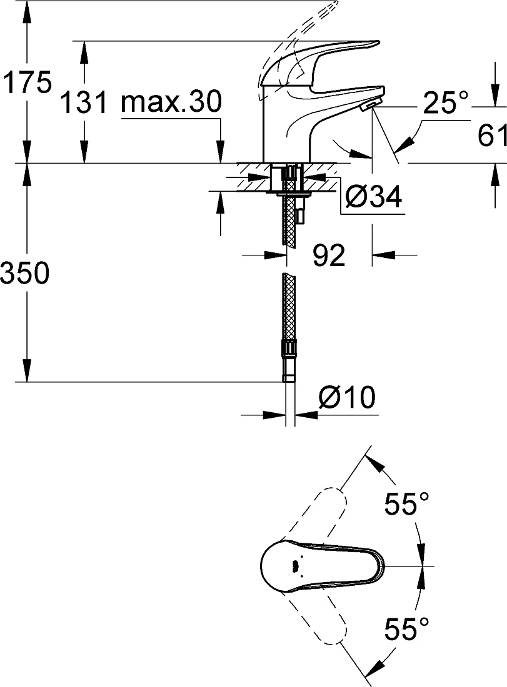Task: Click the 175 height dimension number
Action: coord(27,82)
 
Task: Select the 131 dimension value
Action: coord(83,103)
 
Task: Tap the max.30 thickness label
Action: coord(171,102)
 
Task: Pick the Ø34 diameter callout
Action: coord(373,197)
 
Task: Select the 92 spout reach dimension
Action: coord(329,255)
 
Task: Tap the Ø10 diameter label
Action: coord(347,397)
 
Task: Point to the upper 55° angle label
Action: coord(406,504)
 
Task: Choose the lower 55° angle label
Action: coord(406,629)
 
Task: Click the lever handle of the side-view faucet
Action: coord(319,60)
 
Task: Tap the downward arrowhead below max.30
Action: coord(221,152)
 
